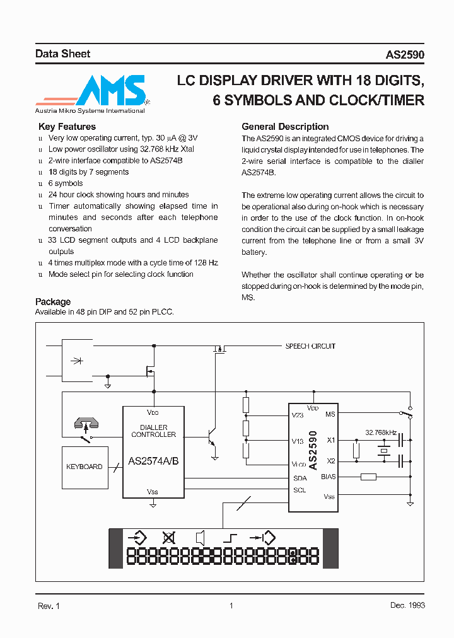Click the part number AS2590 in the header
pyautogui.click(x=405, y=55)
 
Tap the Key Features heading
pyautogui.click(x=67, y=127)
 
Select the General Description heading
pyautogui.click(x=285, y=127)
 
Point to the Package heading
pyautogui.click(x=53, y=301)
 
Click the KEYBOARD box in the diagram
pyautogui.click(x=84, y=467)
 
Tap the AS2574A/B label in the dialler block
pyautogui.click(x=153, y=461)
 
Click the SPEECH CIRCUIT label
pyautogui.click(x=310, y=346)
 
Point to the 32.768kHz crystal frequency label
pyautogui.click(x=381, y=432)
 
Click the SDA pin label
pyautogui.click(x=300, y=478)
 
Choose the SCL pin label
pyautogui.click(x=300, y=490)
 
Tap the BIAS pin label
pyautogui.click(x=328, y=477)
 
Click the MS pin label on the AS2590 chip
pyautogui.click(x=330, y=414)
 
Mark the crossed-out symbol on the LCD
pyautogui.click(x=168, y=538)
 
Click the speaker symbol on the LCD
pyautogui.click(x=201, y=538)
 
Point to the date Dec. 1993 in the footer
pyautogui.click(x=407, y=605)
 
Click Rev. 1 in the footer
pyautogui.click(x=49, y=605)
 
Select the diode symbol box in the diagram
pyautogui.click(x=78, y=361)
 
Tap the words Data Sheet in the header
pyautogui.click(x=62, y=54)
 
